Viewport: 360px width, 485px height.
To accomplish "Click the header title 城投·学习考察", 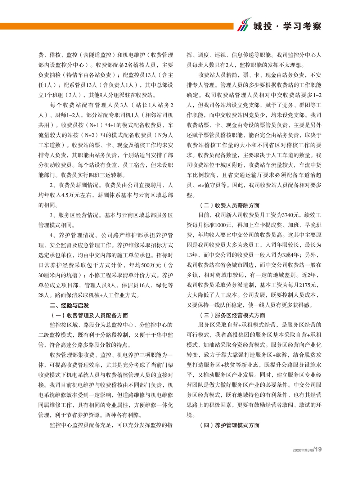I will (x=287, y=26).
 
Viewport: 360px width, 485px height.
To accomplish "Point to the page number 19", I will (x=318, y=449).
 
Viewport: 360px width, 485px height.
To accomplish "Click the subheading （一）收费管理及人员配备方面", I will (x=90, y=315).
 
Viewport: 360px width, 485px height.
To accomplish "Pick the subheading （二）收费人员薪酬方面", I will (x=229, y=205).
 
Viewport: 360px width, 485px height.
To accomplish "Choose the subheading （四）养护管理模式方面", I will (x=229, y=425).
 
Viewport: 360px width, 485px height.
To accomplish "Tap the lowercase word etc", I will (x=201, y=185).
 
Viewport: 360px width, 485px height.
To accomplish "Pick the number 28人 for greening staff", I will (x=44, y=295).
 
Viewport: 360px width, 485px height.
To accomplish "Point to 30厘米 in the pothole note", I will (x=46, y=275).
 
